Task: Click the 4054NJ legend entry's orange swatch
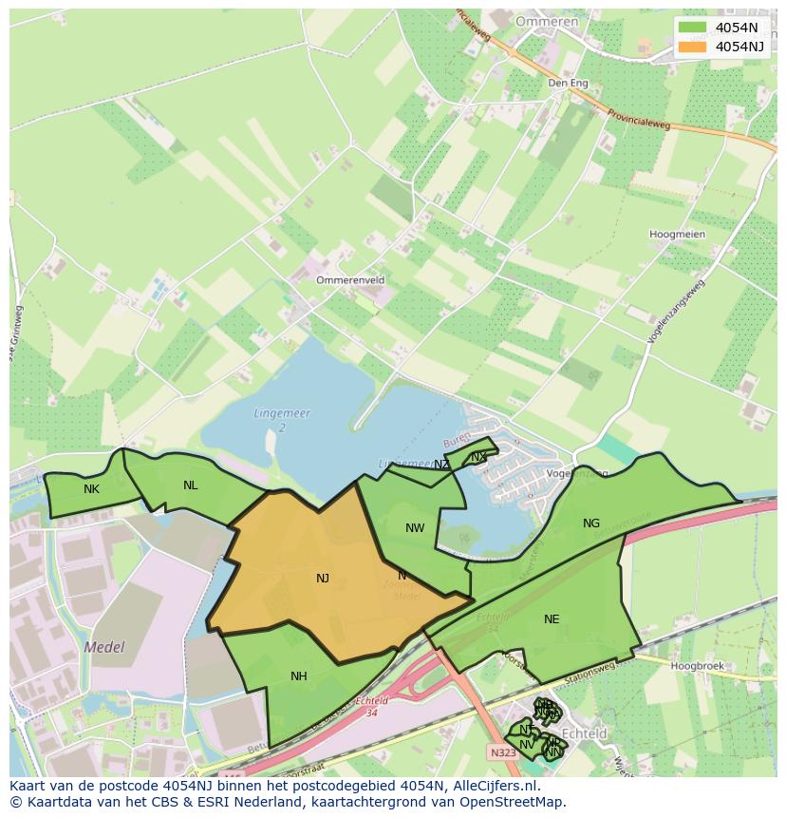pos(692,47)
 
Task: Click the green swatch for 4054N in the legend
pos(692,27)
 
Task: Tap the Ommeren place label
pos(546,21)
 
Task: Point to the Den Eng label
pos(568,84)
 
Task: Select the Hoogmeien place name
pos(677,234)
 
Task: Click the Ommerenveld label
pos(350,280)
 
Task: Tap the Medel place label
pos(104,647)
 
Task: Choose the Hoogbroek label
pos(697,666)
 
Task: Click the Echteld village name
pos(585,733)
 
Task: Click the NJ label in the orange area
pos(323,578)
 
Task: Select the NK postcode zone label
pos(91,489)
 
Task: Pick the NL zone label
pos(191,485)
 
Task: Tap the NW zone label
pos(415,528)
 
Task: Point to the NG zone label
pos(591,523)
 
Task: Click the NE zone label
pos(552,619)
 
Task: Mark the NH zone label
pos(299,676)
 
